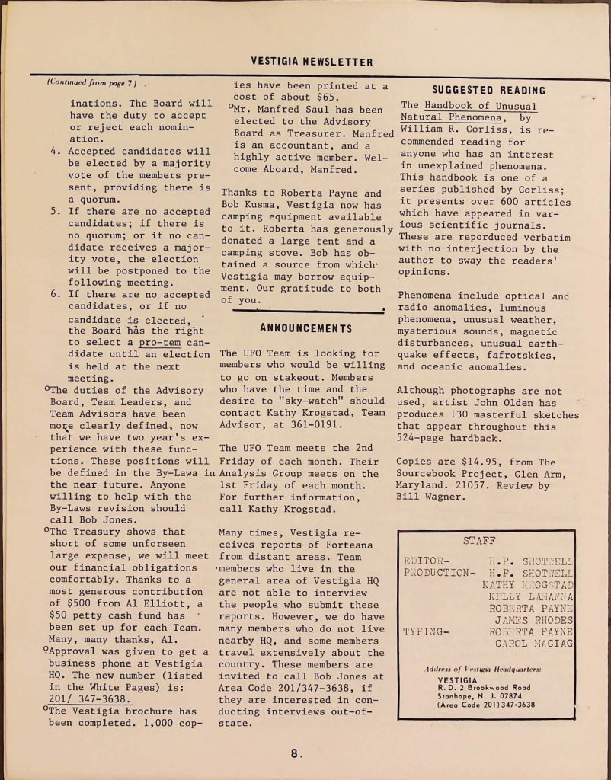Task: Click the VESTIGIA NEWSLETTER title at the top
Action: pyautogui.click(x=312, y=62)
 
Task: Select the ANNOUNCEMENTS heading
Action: pyautogui.click(x=306, y=329)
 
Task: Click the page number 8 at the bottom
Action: pyautogui.click(x=296, y=754)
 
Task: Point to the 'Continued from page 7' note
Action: pyautogui.click(x=90, y=82)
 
